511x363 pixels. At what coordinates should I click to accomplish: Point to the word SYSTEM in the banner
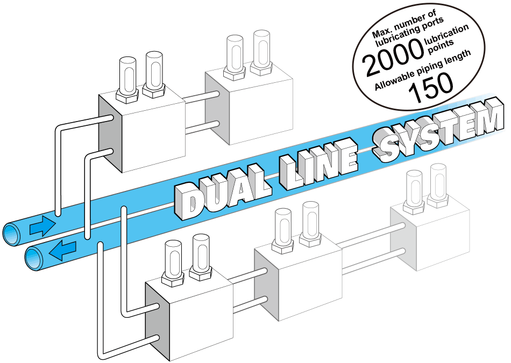point(438,130)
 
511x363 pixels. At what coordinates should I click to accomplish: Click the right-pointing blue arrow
point(42,226)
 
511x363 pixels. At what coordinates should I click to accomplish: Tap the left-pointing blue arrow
point(62,251)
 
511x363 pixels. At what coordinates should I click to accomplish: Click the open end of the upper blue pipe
point(12,234)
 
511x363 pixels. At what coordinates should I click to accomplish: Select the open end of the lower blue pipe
point(35,258)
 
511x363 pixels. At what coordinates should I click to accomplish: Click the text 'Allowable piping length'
point(423,70)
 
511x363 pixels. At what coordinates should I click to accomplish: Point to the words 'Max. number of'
point(404,24)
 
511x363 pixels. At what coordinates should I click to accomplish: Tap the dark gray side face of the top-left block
point(110,133)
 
